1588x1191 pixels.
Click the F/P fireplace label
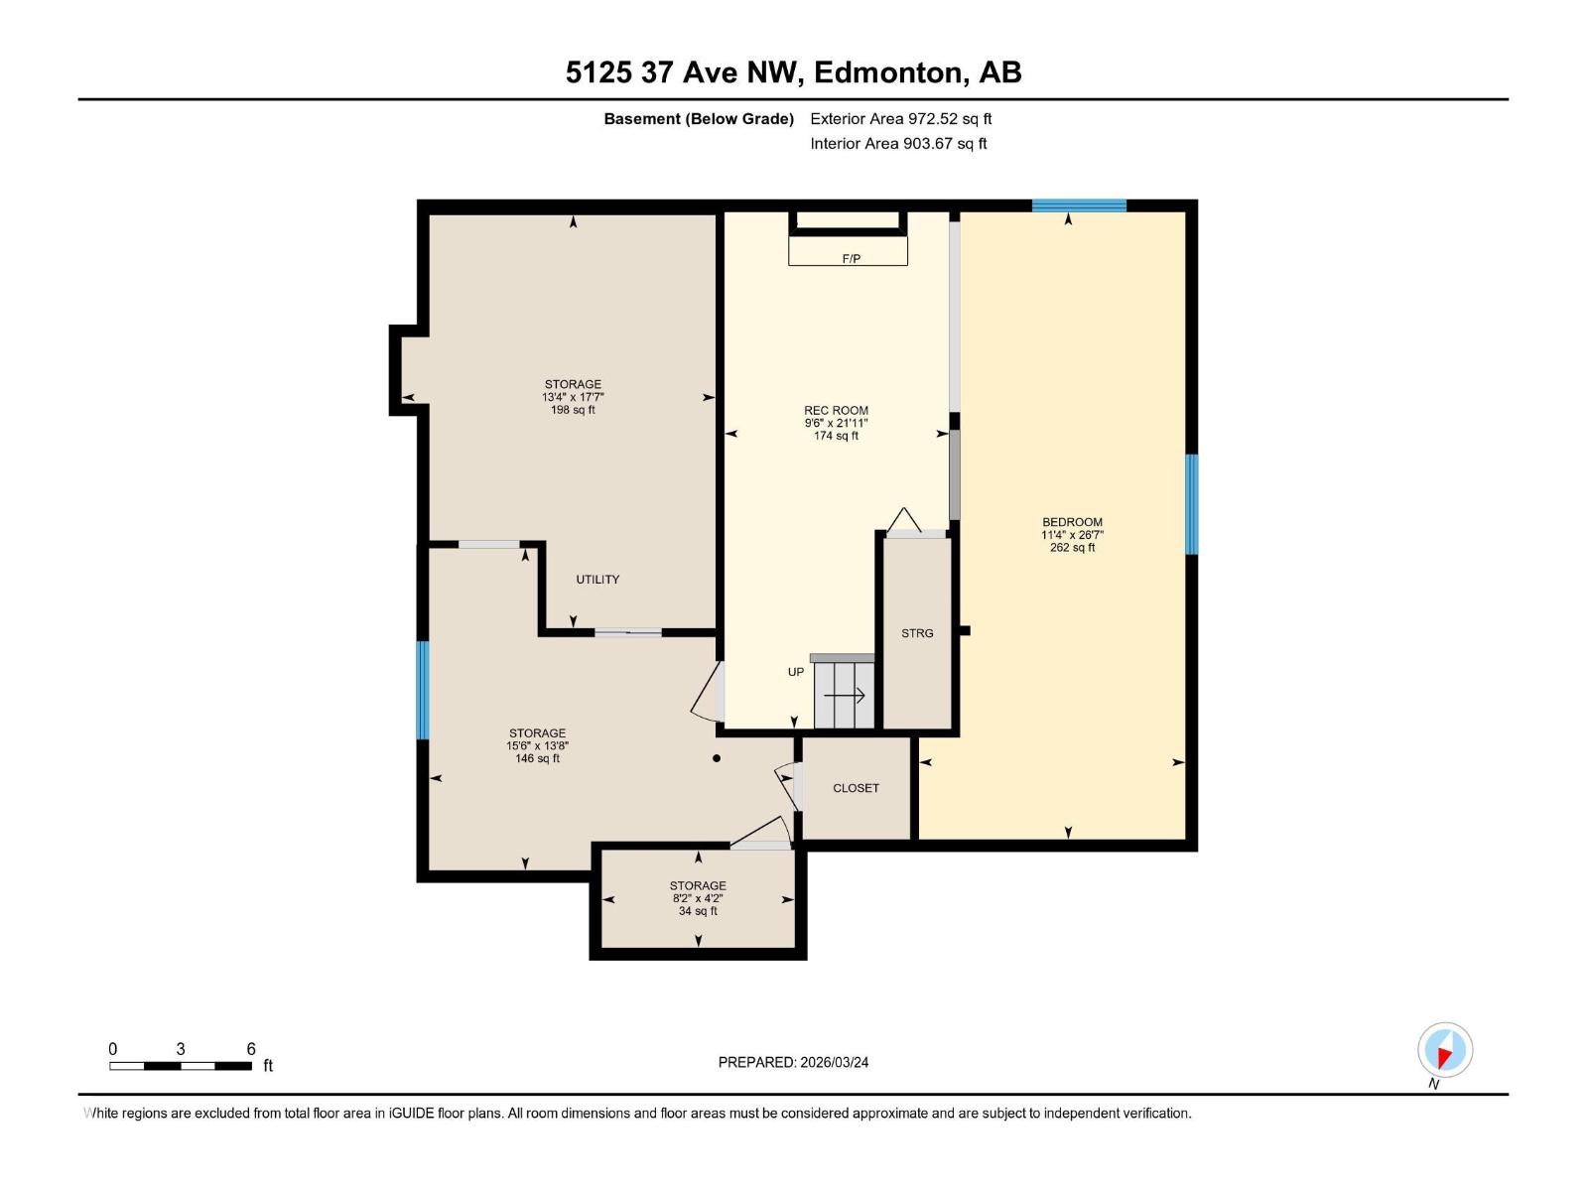(851, 258)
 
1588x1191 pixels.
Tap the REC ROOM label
(836, 410)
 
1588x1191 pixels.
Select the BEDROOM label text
(1072, 522)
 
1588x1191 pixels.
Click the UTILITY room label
(597, 580)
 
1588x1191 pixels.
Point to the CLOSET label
(856, 788)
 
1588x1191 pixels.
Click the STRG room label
(917, 633)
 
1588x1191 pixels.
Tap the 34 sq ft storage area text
(698, 911)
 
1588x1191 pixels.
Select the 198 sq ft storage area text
(573, 410)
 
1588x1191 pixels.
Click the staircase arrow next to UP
(845, 696)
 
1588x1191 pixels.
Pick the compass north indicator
(1445, 1051)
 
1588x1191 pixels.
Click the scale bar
(181, 1066)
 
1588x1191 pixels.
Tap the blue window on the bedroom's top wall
(1079, 205)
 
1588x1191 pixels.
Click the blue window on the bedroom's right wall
(1192, 504)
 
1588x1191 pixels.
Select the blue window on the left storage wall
(423, 690)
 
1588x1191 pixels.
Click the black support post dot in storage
(717, 759)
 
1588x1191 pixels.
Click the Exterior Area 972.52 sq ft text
(900, 119)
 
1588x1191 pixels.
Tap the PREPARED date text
(793, 1062)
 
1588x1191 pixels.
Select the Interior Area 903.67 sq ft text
(898, 144)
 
